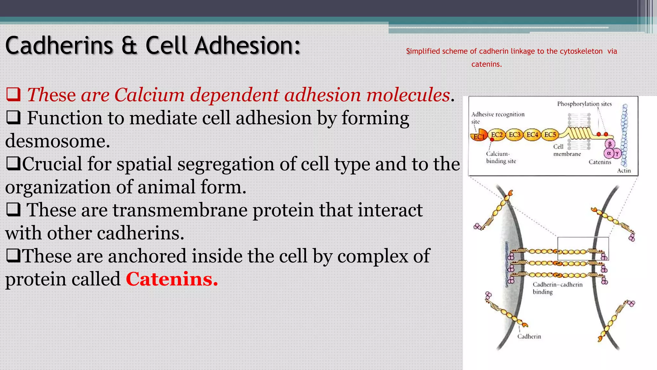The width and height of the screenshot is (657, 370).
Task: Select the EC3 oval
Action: click(515, 135)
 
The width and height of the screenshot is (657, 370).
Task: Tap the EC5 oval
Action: click(550, 135)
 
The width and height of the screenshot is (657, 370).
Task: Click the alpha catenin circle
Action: click(609, 153)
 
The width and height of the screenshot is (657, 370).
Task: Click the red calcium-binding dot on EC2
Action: click(492, 140)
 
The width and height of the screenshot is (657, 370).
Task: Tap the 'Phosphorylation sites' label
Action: click(584, 104)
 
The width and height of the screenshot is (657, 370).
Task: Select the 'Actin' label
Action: click(624, 171)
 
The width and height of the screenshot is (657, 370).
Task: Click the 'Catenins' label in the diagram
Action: click(600, 162)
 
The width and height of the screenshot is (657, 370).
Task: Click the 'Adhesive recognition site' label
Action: click(498, 118)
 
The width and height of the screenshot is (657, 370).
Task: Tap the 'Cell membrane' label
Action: click(567, 150)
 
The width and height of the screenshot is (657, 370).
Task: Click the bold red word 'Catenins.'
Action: click(172, 279)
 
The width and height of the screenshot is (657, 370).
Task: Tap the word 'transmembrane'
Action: click(180, 210)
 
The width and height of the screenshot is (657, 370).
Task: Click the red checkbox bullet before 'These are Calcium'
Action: click(13, 94)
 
